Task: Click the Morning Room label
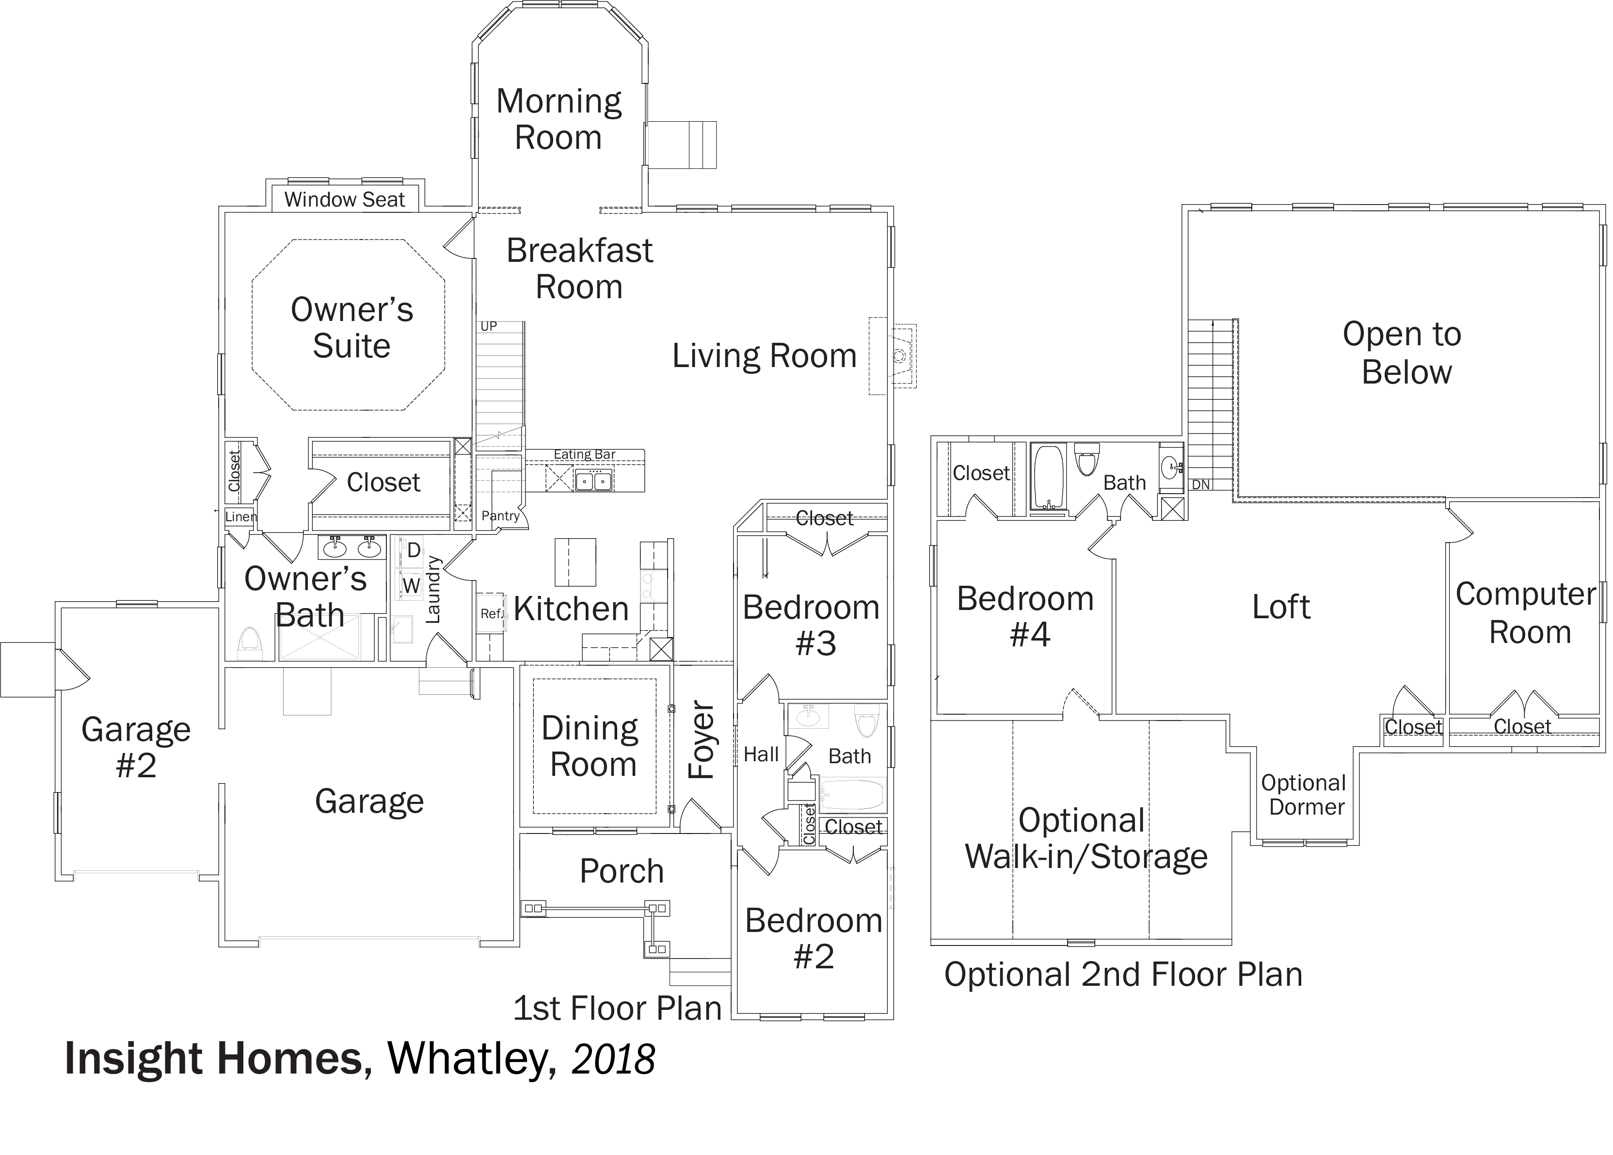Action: pos(559,119)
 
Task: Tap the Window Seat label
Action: pos(345,200)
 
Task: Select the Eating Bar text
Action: pos(585,454)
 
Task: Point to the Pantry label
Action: pos(501,515)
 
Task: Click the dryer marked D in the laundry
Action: pos(413,550)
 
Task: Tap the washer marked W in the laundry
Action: pos(411,585)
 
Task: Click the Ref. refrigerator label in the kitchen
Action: pos(492,613)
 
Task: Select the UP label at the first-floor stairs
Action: pos(489,326)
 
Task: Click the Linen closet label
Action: pos(240,517)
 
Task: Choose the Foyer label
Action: pos(701,740)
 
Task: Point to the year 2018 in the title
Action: pos(613,1059)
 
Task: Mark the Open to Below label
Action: pos(1403,353)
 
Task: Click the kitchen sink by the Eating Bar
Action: pos(594,481)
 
